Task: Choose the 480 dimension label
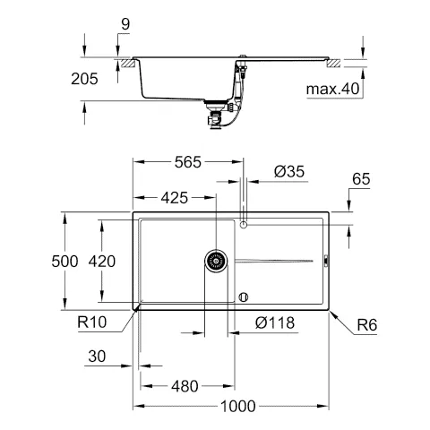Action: [185, 386]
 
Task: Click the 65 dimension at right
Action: [361, 181]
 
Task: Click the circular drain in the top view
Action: [215, 261]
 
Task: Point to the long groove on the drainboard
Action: [273, 261]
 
